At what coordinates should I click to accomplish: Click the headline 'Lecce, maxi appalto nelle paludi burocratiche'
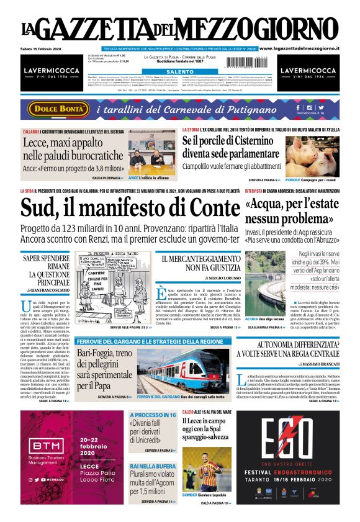[x=72, y=149]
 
